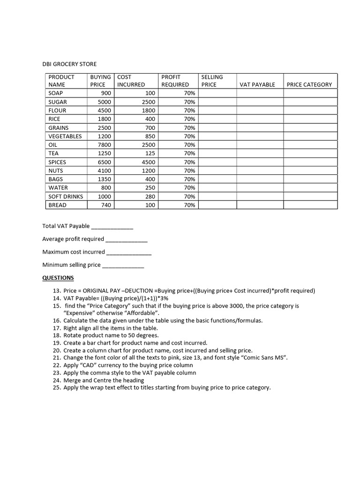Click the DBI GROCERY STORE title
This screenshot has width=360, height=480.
click(x=69, y=64)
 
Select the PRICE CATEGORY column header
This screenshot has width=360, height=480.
click(x=309, y=85)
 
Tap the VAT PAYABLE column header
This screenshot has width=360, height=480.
click(x=257, y=85)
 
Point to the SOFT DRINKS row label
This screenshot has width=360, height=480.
click(x=66, y=196)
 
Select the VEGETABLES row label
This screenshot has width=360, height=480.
click(x=65, y=136)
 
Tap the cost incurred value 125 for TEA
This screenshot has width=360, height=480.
click(x=150, y=153)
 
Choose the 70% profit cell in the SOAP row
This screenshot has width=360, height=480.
click(x=189, y=93)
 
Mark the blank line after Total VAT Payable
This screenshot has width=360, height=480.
click(x=112, y=227)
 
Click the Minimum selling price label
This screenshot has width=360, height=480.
click(x=71, y=265)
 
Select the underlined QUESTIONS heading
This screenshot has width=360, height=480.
click(x=58, y=278)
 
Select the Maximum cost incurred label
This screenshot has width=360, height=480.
click(x=74, y=252)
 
